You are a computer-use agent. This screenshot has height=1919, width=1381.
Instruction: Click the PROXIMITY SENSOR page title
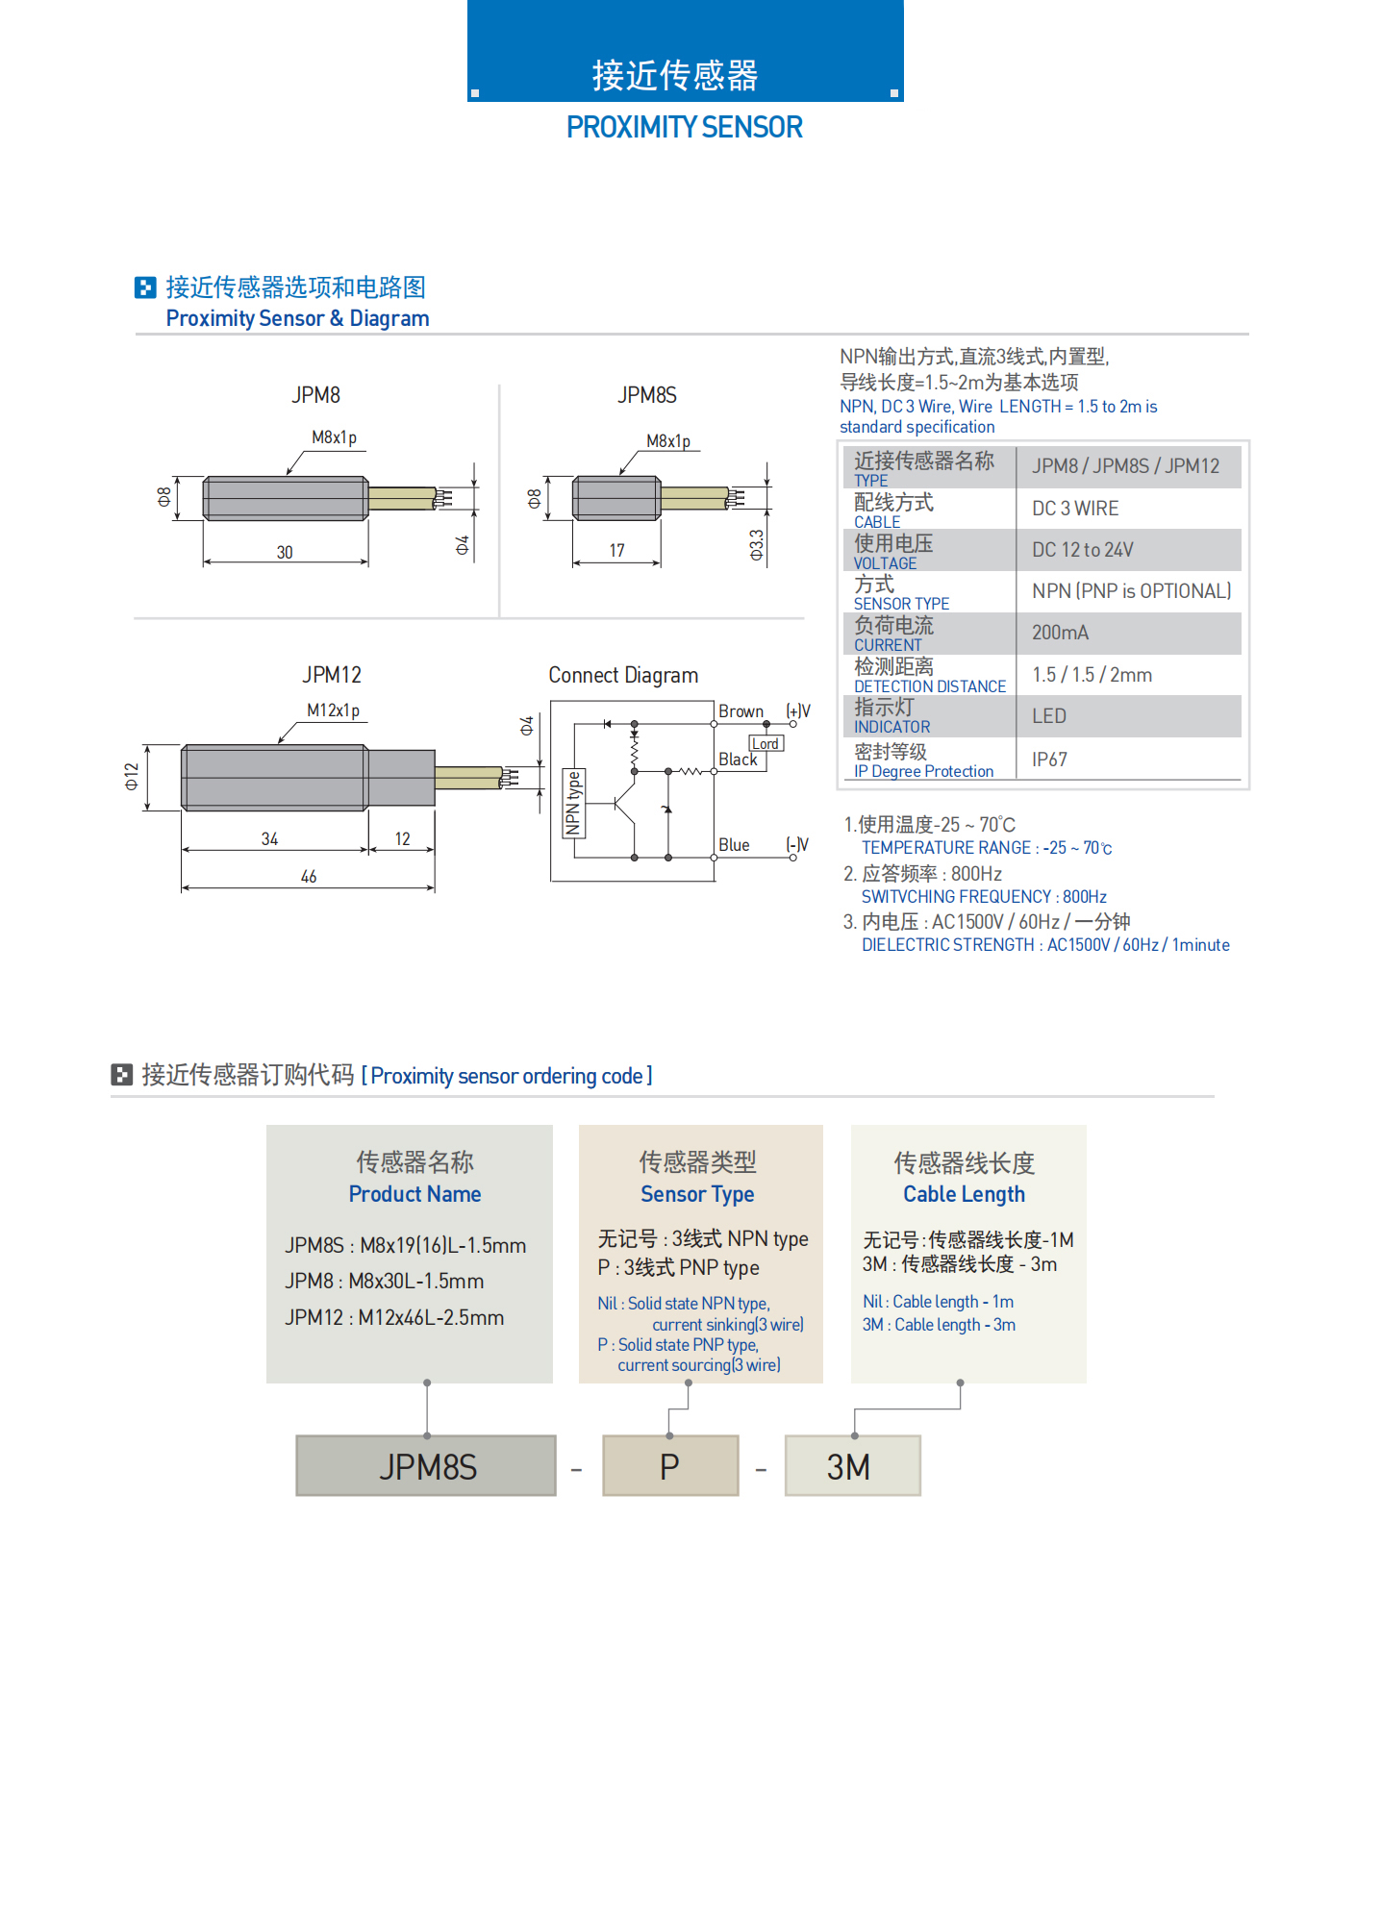pos(684,127)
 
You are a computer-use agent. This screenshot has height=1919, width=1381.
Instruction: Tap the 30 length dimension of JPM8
pos(285,552)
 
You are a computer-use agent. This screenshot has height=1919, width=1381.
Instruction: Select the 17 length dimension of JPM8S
pos(616,550)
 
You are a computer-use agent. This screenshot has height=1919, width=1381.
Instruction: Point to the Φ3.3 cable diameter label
pos(757,544)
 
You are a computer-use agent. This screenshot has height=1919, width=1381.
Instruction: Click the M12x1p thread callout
pos(333,710)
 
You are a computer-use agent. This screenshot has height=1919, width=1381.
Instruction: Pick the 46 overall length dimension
pos(309,876)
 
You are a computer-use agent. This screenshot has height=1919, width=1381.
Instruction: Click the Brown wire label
pos(741,711)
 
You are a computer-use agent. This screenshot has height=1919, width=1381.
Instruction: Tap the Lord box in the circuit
pos(766,744)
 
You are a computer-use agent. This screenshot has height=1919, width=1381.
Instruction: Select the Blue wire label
pos(734,845)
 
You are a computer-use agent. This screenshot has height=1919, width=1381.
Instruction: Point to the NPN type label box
pos(573,803)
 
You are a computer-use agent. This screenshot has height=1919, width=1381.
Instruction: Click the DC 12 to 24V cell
pos(1082,550)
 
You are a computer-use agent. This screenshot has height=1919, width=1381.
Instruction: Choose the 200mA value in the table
pos(1060,633)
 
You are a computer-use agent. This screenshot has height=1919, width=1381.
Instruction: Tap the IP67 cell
pos(1049,760)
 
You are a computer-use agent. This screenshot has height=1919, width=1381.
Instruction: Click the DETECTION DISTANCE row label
pos(929,686)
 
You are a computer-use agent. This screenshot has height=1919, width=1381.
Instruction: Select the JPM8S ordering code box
pos(426,1466)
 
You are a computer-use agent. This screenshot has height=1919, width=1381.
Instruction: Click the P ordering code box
pos(670,1466)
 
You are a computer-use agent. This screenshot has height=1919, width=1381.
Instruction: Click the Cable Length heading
pos(964,1194)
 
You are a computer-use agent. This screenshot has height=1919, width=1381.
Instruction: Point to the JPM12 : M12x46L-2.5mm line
pos(394,1317)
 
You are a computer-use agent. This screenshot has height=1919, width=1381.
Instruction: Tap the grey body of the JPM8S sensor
pos(616,498)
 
